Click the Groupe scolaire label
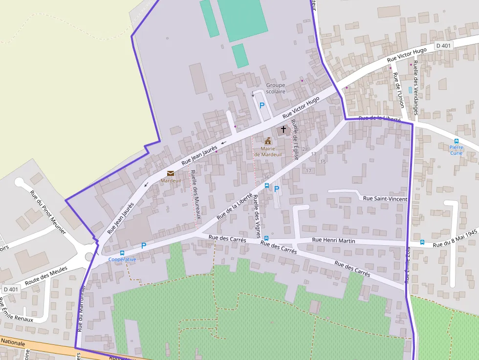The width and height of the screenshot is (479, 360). tap(276, 88)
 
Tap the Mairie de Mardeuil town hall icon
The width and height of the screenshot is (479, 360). tap(268, 141)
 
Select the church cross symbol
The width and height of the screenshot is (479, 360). tap(283, 130)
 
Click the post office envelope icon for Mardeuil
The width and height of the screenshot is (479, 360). tap(171, 173)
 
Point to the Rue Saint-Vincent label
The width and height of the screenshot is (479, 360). tap(385, 198)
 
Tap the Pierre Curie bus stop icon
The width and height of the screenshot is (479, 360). tap(456, 141)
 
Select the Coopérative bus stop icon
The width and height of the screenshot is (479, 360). tap(122, 253)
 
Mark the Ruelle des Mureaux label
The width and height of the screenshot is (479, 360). tap(196, 193)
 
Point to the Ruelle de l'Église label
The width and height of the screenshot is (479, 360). tap(295, 140)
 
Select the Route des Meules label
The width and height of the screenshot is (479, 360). tap(46, 275)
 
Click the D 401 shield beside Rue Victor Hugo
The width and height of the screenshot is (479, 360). tap(444, 45)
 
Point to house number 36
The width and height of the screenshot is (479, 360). tap(266, 177)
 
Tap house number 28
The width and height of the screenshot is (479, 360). tap(305, 149)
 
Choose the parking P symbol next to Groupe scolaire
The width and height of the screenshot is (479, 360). tap(262, 105)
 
